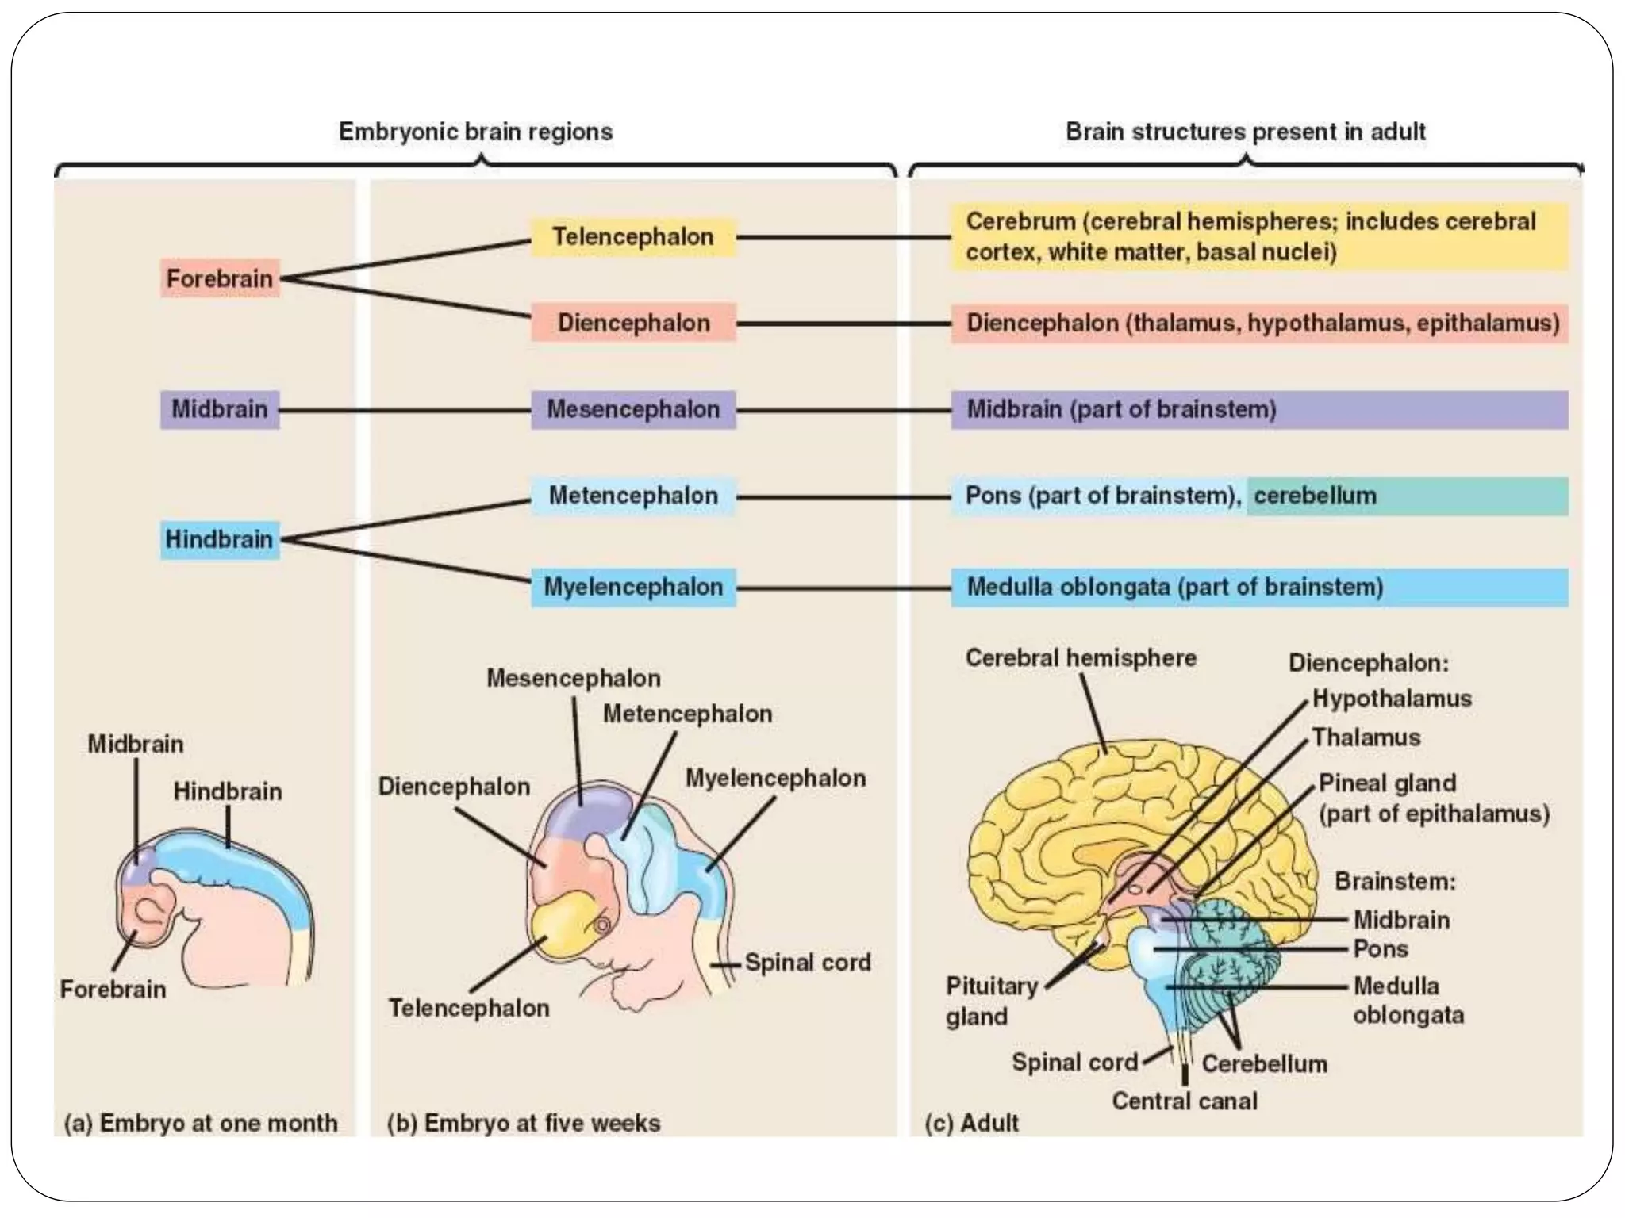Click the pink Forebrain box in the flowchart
tap(220, 278)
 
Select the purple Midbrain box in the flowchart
tap(220, 409)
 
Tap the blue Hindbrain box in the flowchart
tap(220, 539)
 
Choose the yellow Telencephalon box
tap(632, 236)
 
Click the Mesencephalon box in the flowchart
tap(632, 409)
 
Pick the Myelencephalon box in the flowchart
tap(632, 587)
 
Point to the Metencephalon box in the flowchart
tap(632, 496)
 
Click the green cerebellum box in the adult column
tap(1406, 496)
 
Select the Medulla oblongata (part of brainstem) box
tap(1258, 587)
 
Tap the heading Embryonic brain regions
tap(475, 132)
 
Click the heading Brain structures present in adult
tap(1245, 132)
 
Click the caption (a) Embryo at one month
tap(201, 1123)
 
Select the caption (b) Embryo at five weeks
tap(524, 1123)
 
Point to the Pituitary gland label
tap(991, 1001)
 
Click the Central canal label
tap(1184, 1101)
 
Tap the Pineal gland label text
tap(1387, 783)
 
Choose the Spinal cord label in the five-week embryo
tap(807, 963)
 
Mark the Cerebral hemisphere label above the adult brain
tap(1081, 657)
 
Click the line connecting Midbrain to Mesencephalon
tap(405, 410)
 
